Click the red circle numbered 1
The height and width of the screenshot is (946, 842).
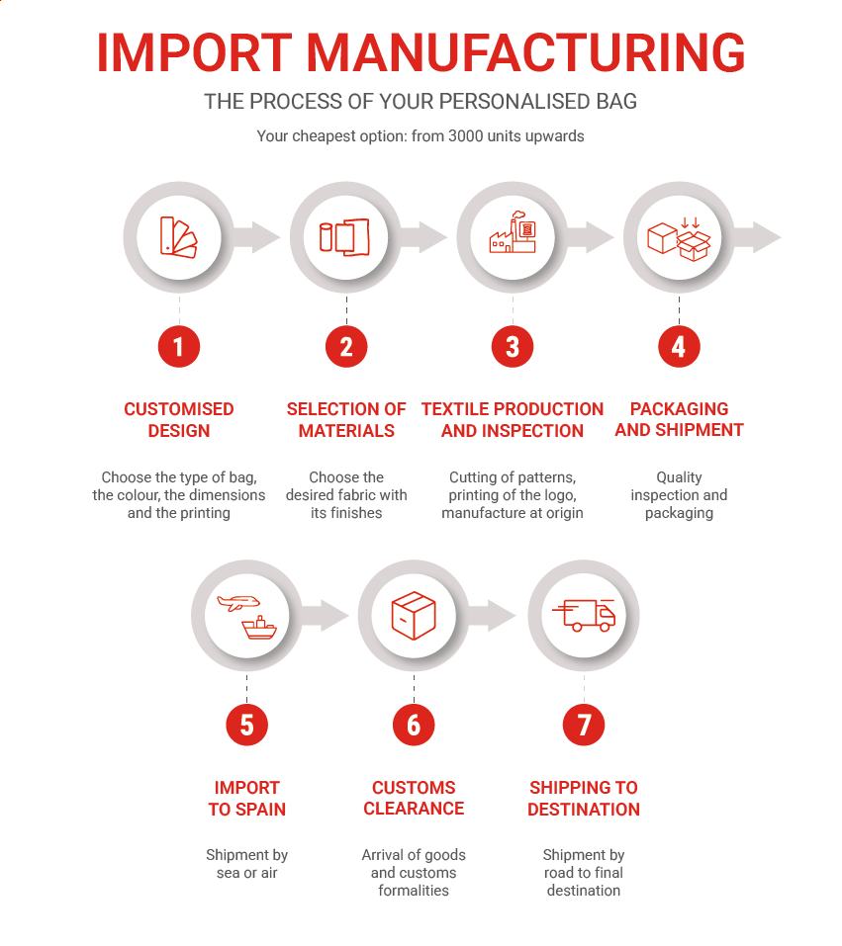(x=179, y=346)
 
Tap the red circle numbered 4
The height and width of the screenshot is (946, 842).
(x=679, y=346)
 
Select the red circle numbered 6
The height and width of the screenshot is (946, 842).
(x=414, y=725)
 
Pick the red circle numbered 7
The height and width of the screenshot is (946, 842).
(x=584, y=725)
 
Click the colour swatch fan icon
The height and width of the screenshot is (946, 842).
(x=179, y=237)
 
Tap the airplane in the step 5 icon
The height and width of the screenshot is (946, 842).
(x=238, y=603)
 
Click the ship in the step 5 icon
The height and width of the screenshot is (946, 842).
(x=259, y=628)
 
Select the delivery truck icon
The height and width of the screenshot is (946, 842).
(x=584, y=616)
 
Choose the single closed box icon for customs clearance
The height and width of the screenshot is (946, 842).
(x=414, y=616)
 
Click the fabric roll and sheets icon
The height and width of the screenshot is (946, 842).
(x=345, y=237)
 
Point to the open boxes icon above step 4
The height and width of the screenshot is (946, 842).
(x=679, y=239)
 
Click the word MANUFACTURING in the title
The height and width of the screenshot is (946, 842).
(x=525, y=53)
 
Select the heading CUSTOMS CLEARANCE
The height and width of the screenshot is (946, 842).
(x=414, y=798)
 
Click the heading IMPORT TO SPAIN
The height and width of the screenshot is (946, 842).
(x=247, y=798)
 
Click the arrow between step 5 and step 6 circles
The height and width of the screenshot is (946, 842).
(x=325, y=616)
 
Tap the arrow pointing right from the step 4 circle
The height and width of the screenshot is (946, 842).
(x=758, y=237)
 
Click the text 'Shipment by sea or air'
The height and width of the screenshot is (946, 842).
(x=247, y=864)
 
